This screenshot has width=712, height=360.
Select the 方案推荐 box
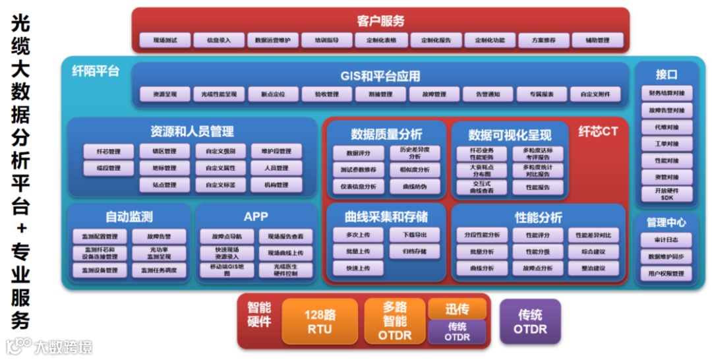coord(543,41)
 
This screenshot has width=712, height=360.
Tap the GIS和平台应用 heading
coord(380,76)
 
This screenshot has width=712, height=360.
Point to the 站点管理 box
coord(164,185)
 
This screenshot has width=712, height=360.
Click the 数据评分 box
coord(358,153)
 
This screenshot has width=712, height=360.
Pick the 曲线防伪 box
coord(414,187)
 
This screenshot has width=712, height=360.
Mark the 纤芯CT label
coord(598,131)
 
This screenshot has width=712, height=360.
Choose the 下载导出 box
coord(414,235)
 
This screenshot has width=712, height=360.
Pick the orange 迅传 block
coord(457,309)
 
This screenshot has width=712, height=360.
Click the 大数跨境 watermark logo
coord(49,346)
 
